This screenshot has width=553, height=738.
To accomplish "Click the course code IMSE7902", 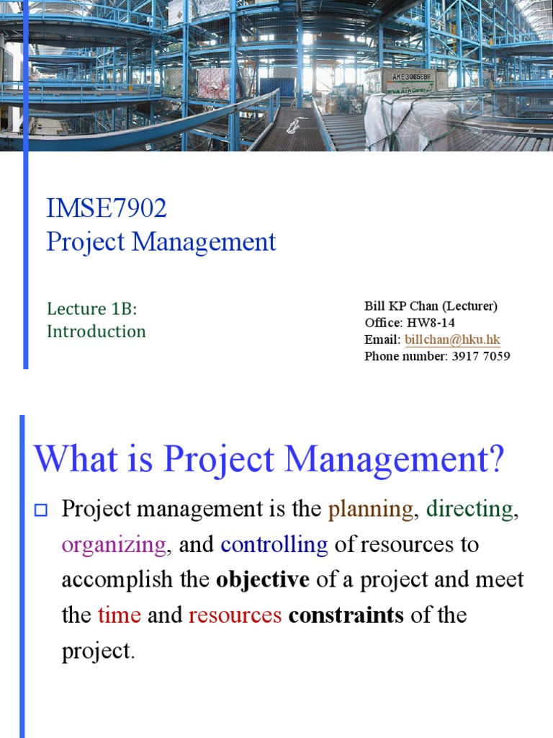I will [x=107, y=209].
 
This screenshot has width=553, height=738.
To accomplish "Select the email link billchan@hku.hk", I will [x=452, y=339].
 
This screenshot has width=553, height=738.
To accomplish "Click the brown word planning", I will [x=371, y=510].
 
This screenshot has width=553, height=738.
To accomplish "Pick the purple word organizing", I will [x=114, y=545].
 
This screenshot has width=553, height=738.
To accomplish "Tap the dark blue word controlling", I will [x=274, y=545].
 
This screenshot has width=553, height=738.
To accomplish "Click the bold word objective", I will [x=263, y=580].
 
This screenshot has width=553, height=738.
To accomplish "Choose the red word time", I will [x=119, y=615].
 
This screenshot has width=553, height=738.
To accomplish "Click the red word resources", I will [x=235, y=615].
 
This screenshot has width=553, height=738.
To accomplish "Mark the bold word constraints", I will [x=346, y=615].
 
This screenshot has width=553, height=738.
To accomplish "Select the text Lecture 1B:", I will [x=91, y=308].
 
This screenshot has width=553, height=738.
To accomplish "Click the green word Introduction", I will [x=96, y=332].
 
